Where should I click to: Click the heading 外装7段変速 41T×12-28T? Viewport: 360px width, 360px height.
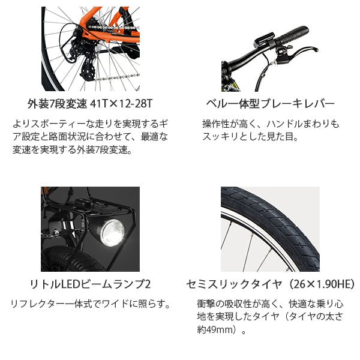coord(90,103)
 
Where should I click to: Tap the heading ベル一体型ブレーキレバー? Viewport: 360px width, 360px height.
coord(270,103)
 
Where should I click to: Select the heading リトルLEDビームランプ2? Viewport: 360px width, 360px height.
coord(90,281)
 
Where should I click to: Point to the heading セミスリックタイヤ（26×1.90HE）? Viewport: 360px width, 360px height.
coord(270,281)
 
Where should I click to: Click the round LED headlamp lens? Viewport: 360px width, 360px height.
coord(112,233)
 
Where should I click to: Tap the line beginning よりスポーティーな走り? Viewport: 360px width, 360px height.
coord(90,124)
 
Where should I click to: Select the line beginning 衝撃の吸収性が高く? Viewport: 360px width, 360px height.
coord(270,304)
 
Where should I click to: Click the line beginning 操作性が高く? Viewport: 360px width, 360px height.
coord(271,124)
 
